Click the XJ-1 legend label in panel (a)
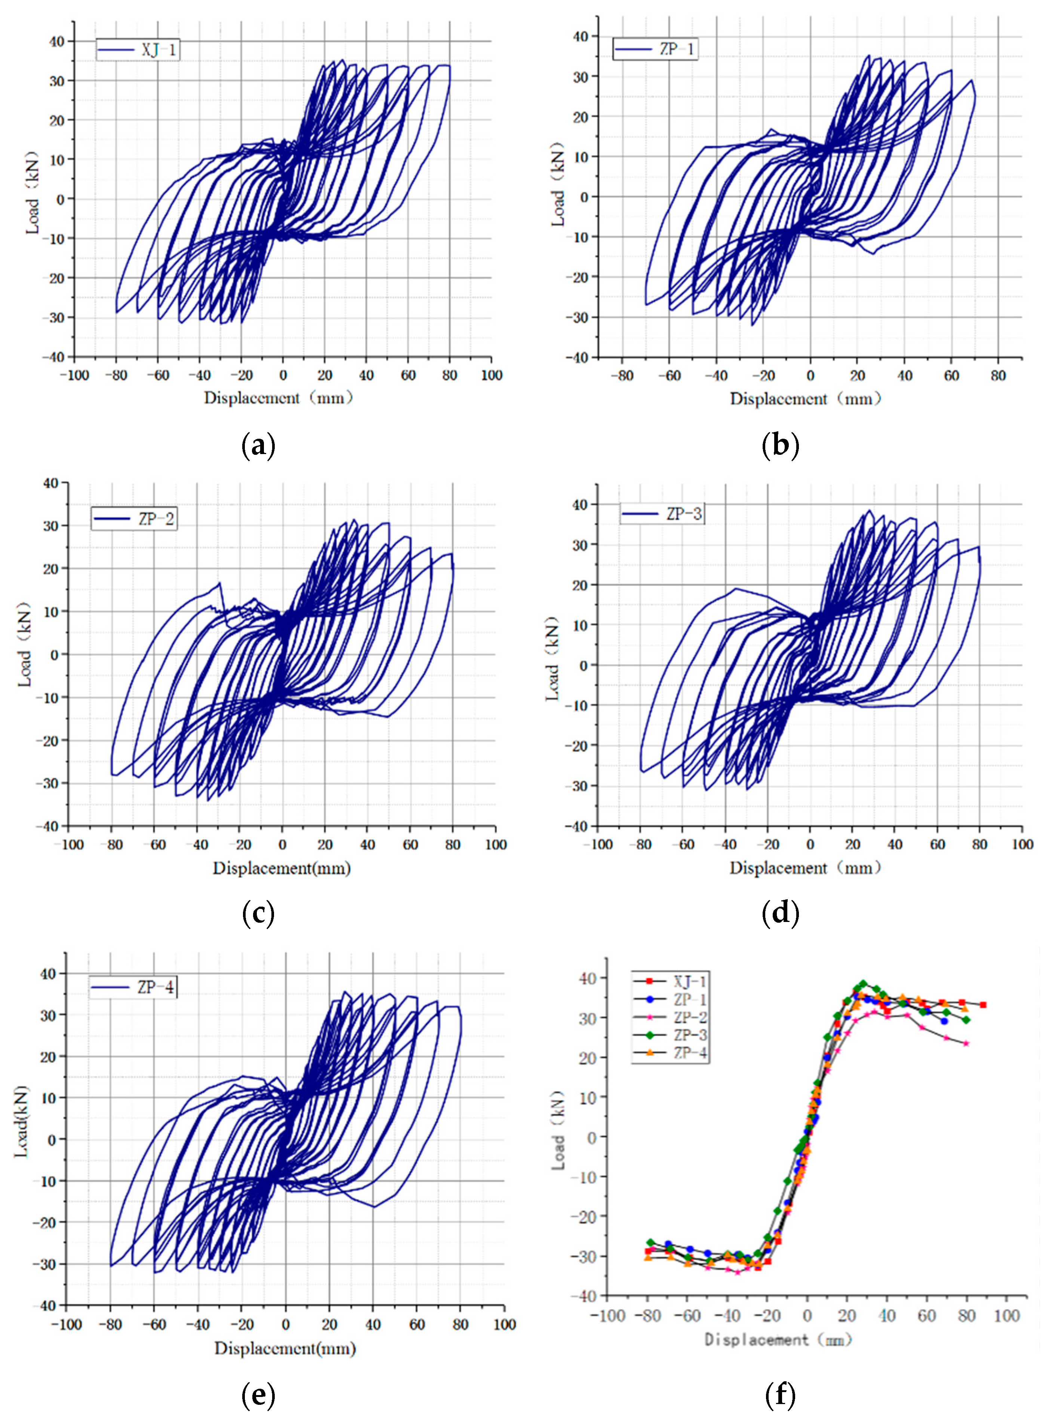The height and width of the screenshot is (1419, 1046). coord(158,49)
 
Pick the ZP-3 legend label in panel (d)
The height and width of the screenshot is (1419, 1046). coord(684,514)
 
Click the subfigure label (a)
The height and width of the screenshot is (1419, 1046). coord(258,446)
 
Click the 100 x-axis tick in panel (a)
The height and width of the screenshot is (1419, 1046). coord(491,375)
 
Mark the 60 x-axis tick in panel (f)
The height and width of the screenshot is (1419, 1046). coord(926,1316)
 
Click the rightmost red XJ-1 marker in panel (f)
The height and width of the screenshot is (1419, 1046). coord(983,1005)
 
